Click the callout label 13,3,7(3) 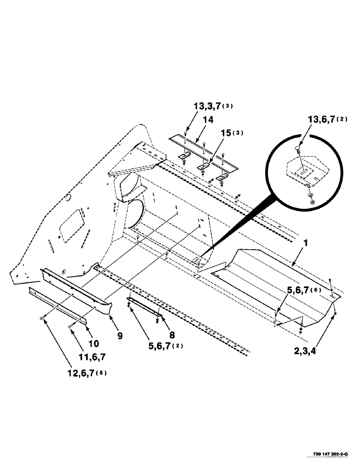213,106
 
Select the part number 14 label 208,120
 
